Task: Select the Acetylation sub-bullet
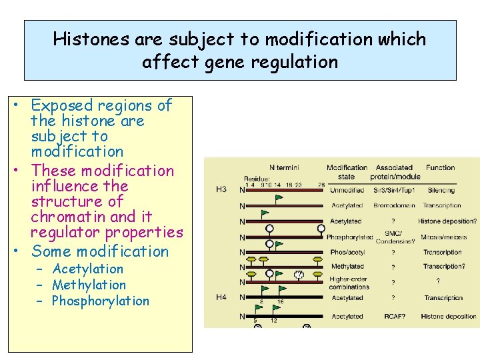(87, 269)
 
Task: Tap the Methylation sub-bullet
(89, 285)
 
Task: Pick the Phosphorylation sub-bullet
(100, 301)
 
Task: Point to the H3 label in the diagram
(221, 189)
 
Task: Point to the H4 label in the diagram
(221, 297)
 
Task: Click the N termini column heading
(284, 167)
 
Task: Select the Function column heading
(441, 167)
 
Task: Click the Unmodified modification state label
(347, 189)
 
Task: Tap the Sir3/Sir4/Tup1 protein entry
(394, 189)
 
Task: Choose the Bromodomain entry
(394, 205)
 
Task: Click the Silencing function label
(441, 189)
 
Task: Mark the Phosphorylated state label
(349, 237)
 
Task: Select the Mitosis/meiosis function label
(443, 237)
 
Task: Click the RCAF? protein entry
(394, 317)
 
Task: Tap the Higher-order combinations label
(349, 283)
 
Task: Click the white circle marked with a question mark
(299, 274)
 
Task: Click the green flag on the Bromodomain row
(279, 198)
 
